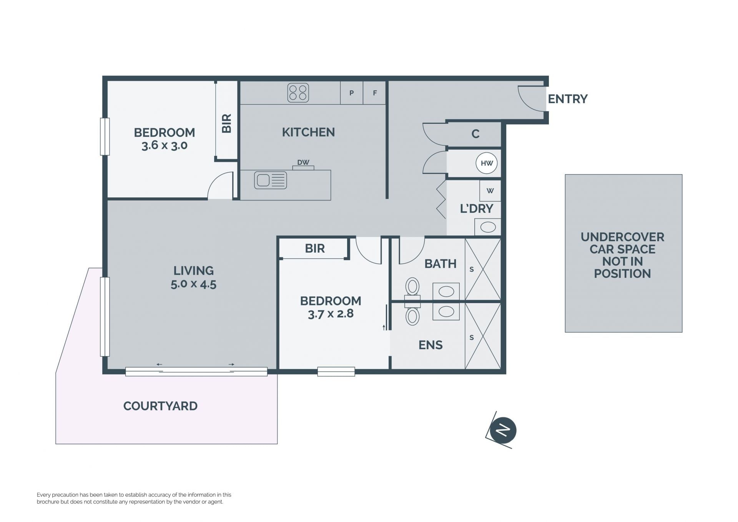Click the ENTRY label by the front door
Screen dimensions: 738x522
click(567, 99)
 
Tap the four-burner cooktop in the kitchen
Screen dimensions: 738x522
click(298, 93)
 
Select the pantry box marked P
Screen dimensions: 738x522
click(351, 93)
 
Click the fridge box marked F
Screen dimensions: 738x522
click(374, 93)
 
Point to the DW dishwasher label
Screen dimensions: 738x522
click(303, 162)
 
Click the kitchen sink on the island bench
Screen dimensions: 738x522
click(270, 180)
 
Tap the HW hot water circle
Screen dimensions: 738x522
click(487, 163)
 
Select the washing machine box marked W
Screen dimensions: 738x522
click(490, 190)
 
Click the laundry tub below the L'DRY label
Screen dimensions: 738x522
click(488, 227)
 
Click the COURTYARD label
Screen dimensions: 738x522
click(160, 406)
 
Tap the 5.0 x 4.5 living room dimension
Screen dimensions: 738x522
click(193, 284)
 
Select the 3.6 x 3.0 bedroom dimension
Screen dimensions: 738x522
click(165, 145)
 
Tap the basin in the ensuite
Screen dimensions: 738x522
click(446, 311)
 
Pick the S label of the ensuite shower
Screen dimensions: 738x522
click(472, 337)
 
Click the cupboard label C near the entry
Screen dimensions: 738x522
click(475, 134)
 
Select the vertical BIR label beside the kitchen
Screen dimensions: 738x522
click(227, 123)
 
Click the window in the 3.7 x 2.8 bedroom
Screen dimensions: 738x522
click(336, 371)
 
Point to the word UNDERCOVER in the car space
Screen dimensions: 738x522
click(622, 237)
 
